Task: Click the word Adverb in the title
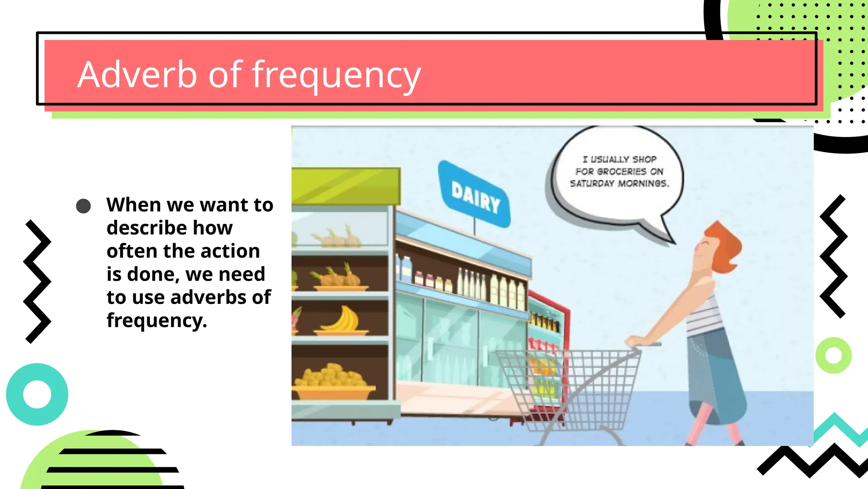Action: tap(137, 75)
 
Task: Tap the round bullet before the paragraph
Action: tap(83, 206)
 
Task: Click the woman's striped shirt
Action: tap(704, 316)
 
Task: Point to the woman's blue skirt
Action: tap(716, 374)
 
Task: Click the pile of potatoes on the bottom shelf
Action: tap(331, 376)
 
